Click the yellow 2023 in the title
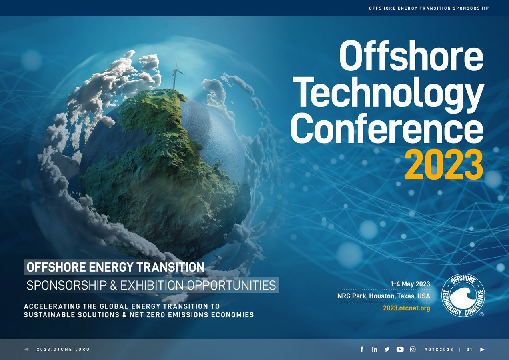point(444,165)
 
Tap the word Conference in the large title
point(387,129)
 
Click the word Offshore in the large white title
point(411,56)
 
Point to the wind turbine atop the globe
point(176,74)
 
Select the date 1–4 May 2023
point(410,284)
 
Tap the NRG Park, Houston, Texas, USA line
point(383,296)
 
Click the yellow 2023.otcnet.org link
point(406,308)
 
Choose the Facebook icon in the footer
point(362,349)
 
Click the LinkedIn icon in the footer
point(375,349)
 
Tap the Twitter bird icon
point(387,349)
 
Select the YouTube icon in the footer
point(400,349)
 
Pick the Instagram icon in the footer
point(413,349)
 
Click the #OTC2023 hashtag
point(439,350)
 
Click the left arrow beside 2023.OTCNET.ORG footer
point(26,349)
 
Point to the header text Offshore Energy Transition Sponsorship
point(429,8)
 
